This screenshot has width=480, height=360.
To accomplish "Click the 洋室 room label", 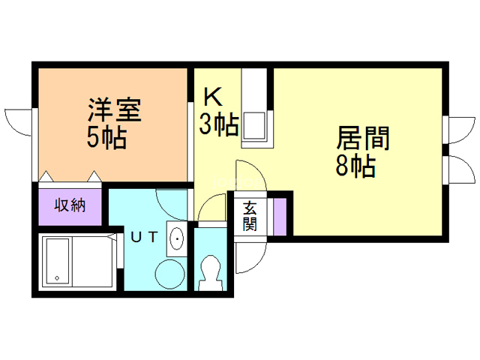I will pos(112,112).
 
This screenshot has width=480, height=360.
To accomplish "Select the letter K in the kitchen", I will pos(213,97).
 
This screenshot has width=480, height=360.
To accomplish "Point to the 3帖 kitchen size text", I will pos(218,124).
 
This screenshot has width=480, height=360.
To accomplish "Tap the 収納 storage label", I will pos(69,205).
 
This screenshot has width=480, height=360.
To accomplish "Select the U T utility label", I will pos(145,237).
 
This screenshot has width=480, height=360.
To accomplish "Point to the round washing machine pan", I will pos(169,274).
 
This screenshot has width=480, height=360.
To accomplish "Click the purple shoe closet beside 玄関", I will pos(279,216).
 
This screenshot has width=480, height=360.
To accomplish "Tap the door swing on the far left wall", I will pos(18,124).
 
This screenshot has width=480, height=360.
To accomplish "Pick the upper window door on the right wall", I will pos(459,128).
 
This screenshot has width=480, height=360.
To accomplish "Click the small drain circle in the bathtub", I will pos(57,279).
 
